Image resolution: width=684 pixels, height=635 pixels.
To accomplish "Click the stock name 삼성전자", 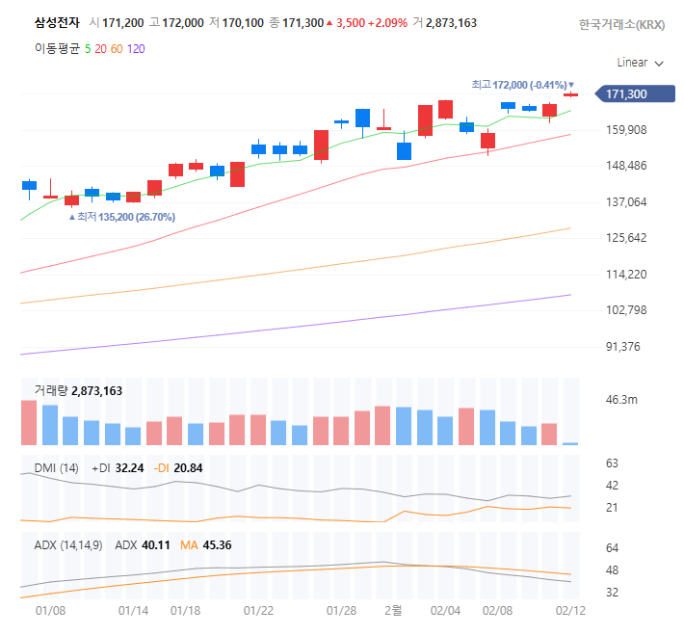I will (x=57, y=22).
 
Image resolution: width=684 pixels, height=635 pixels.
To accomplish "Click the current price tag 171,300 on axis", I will (x=626, y=94).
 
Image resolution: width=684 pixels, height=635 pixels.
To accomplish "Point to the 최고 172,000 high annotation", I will (x=521, y=85).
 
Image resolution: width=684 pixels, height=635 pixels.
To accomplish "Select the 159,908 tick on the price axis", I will (x=626, y=130).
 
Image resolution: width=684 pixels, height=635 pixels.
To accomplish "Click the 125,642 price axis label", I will (x=626, y=238).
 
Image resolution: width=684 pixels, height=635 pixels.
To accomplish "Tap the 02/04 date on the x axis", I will (x=445, y=611).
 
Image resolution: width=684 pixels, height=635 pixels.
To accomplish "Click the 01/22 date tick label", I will (x=258, y=611).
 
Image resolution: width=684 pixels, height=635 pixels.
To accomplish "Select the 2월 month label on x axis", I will (x=393, y=611).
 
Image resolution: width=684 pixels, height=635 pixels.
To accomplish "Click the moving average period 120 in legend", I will (x=136, y=47).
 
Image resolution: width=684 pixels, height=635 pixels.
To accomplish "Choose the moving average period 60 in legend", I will (x=116, y=47).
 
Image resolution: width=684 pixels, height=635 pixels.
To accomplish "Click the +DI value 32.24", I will (x=129, y=467).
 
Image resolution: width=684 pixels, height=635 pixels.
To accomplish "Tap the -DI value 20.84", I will (x=188, y=467).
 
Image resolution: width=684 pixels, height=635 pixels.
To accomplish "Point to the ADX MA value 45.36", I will (x=218, y=545).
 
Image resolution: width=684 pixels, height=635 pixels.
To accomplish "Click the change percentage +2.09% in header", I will (x=386, y=22).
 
